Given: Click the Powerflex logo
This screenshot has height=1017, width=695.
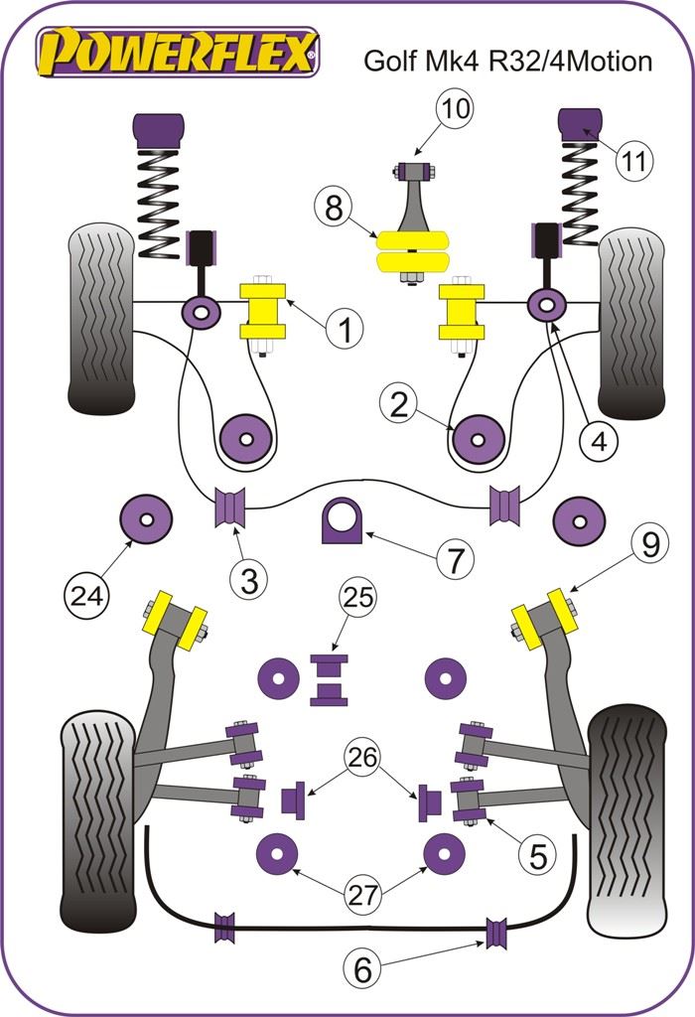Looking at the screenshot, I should pos(178,51).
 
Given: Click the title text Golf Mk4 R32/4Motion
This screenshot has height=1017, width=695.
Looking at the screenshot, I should pos(507,62).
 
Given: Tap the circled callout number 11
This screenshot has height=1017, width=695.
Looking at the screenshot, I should pos(636,161).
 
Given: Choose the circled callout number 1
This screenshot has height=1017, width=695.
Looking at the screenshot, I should pos(345,329).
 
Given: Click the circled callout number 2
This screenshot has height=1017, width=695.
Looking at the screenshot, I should pos(399,404).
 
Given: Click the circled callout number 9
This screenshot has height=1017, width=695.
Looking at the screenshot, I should pos(650,545).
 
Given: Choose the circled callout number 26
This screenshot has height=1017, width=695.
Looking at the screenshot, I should pos(361,759).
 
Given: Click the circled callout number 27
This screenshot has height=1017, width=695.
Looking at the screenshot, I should pos(361,893).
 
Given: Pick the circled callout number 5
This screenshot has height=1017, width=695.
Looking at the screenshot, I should pos(537,855).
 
